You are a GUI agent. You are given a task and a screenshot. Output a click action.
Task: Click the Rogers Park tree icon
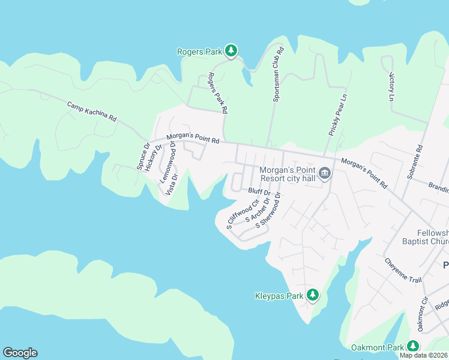(232, 51)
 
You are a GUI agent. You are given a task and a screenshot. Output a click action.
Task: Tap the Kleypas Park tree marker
(312, 295)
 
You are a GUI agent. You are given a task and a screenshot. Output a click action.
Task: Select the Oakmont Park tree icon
(413, 346)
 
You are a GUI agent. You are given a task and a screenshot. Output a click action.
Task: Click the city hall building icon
(325, 174)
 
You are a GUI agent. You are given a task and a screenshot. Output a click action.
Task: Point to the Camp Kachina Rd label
(91, 112)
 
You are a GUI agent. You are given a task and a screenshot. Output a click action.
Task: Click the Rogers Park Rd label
(217, 93)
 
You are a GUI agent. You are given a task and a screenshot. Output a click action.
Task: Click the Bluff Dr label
(259, 192)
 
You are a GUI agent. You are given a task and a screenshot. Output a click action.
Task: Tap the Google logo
(20, 353)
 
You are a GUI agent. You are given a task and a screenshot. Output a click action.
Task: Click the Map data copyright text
(423, 355)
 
